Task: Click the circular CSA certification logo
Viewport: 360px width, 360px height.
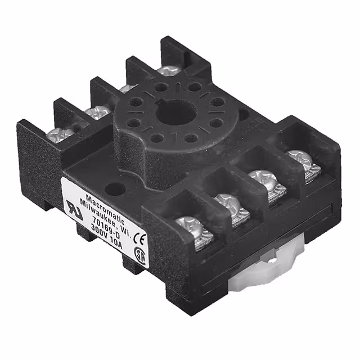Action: tap(141, 254)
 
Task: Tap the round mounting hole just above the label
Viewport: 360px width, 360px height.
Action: tap(113, 190)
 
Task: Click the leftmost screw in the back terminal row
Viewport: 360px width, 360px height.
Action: tap(59, 134)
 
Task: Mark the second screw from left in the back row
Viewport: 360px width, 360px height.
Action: tap(97, 112)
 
